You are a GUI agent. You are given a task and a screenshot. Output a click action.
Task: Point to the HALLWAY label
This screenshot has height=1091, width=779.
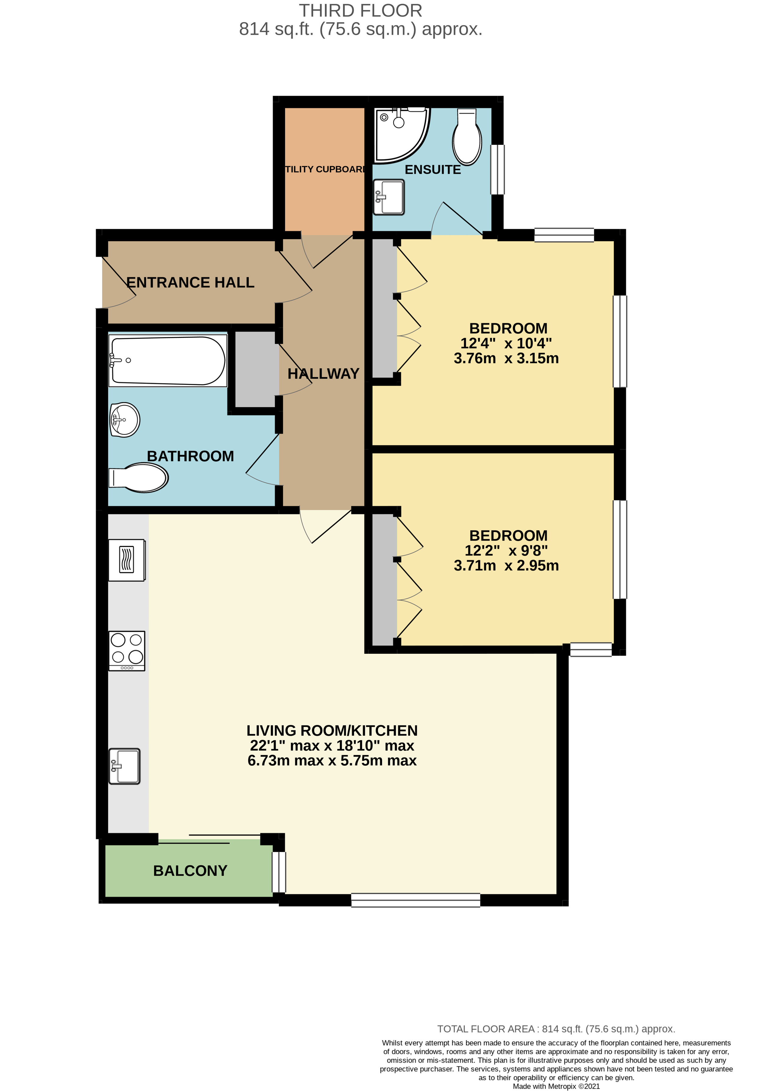coord(323,374)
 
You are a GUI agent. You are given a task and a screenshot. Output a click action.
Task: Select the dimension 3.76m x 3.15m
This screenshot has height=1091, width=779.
coord(506,358)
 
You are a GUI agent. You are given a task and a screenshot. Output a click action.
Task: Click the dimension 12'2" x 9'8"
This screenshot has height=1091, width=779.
coord(506,550)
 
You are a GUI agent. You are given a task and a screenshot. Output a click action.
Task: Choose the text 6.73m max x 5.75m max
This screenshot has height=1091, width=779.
coord(332,760)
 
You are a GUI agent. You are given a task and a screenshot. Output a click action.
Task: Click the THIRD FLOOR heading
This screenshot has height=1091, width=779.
coord(361,11)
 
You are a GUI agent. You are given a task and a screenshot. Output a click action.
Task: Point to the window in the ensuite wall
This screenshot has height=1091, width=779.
coord(497,169)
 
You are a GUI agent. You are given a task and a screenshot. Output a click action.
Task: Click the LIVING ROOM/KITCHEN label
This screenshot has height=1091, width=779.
coord(332,730)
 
